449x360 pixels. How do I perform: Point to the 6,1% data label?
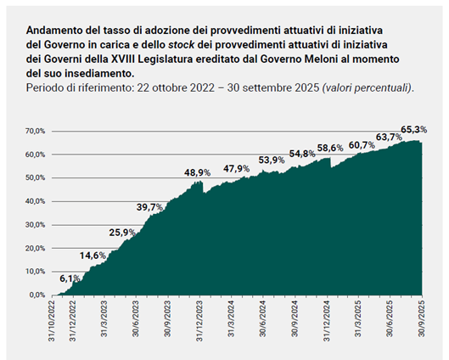[x=70, y=278]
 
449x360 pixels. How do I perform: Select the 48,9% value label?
[x=197, y=172]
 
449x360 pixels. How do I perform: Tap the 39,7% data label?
[x=149, y=207]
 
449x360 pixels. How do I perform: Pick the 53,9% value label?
[x=272, y=160]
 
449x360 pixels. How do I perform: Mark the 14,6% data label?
[x=93, y=256]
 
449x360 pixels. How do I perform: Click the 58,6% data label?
[x=330, y=148]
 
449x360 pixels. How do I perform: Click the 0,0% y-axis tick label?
[x=37, y=295]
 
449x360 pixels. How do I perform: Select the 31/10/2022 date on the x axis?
[x=52, y=321]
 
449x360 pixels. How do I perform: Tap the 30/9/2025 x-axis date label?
[x=422, y=318]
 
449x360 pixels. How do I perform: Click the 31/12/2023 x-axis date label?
[x=199, y=321]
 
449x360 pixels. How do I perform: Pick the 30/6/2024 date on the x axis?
[x=263, y=318]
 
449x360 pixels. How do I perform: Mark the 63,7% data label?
[x=389, y=138]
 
